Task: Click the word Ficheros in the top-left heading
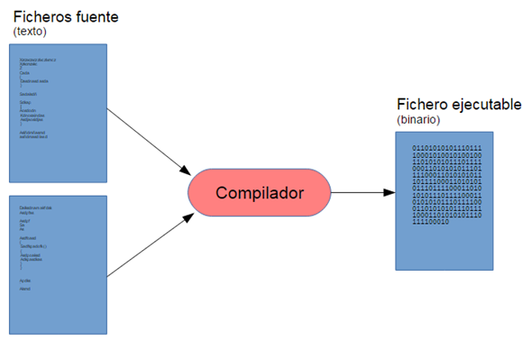41,17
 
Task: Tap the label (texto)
29,32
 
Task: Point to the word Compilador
259,193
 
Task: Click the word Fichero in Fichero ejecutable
427,105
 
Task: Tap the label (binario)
420,120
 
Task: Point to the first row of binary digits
447,147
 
